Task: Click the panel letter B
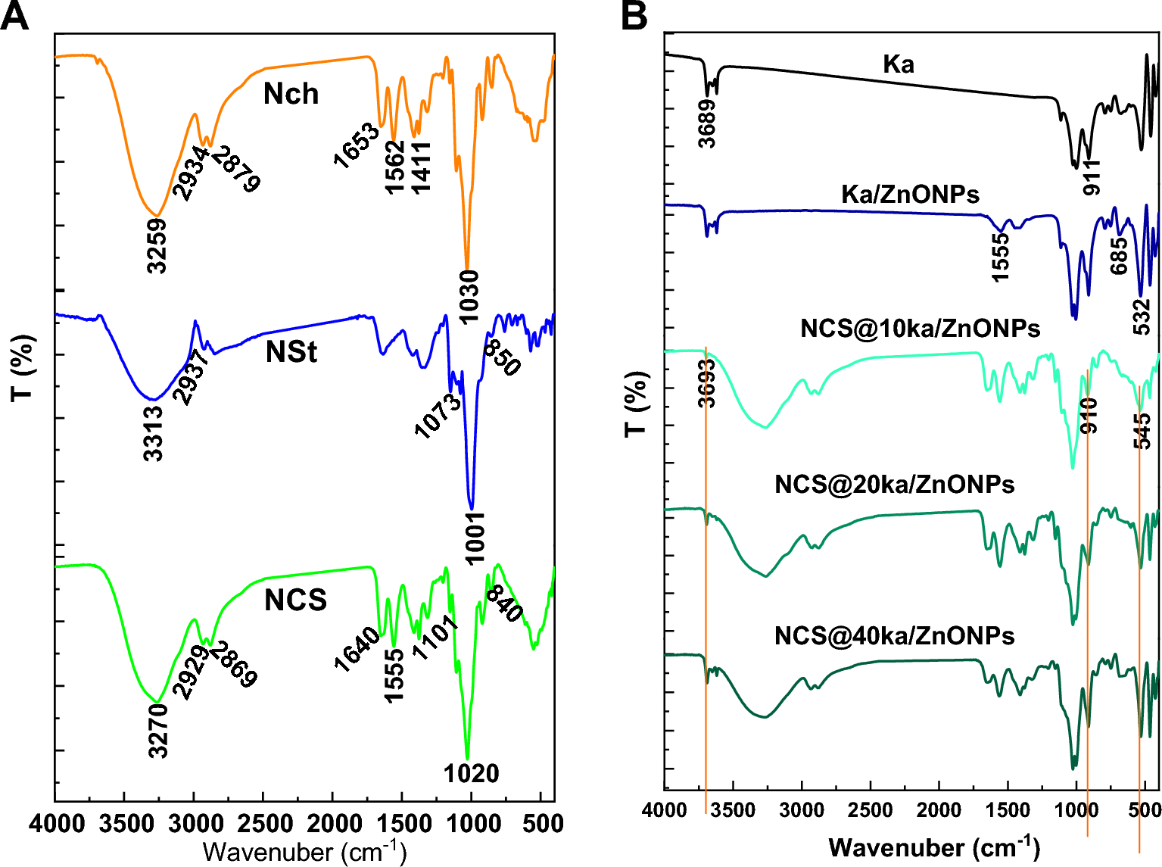[634, 16]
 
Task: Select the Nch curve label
[291, 95]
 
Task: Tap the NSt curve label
[291, 352]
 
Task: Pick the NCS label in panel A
[295, 600]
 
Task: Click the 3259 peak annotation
[157, 245]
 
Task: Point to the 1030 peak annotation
[469, 297]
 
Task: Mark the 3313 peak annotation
[154, 433]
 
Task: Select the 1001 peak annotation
[475, 538]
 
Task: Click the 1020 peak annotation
[471, 774]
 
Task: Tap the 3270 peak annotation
[158, 731]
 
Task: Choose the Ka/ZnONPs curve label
[910, 195]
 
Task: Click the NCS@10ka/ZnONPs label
[920, 328]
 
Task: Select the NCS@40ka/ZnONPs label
[894, 635]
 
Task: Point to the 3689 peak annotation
[706, 123]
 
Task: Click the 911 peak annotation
[1092, 177]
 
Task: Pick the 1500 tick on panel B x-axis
[1008, 810]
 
